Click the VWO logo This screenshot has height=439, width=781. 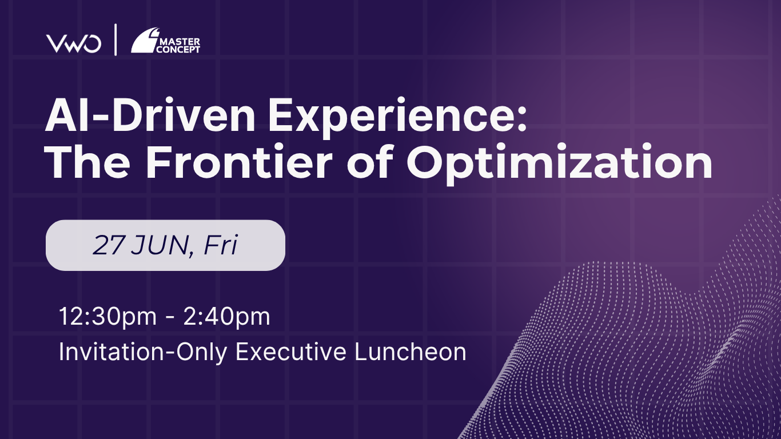(74, 43)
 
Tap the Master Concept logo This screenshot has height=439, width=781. (166, 41)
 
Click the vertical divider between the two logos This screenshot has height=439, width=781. (115, 40)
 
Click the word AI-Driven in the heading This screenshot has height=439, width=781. (150, 115)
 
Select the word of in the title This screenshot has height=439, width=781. (369, 162)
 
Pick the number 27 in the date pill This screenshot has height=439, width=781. (108, 245)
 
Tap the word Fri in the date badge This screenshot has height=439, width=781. (220, 245)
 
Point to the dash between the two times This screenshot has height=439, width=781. (170, 318)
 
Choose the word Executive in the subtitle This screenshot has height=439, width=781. (291, 352)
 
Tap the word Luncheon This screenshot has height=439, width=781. (411, 352)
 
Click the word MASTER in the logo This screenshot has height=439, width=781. (180, 42)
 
